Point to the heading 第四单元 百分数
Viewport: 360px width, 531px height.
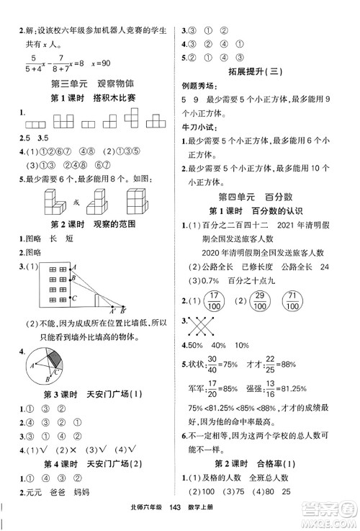(267, 195)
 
